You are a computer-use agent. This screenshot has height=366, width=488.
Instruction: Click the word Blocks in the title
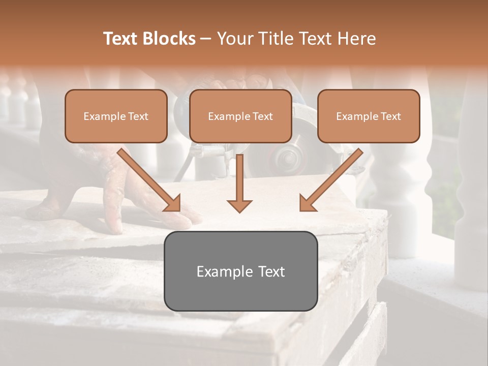tap(170, 39)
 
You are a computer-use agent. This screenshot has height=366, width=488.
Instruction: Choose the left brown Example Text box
tap(116, 116)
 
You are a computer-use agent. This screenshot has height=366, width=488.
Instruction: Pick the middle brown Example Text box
tap(240, 116)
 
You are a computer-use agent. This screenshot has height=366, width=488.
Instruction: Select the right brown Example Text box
tap(369, 116)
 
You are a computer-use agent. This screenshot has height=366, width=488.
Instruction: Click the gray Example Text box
tap(240, 271)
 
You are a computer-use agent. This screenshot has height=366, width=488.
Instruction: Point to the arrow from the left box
tap(148, 179)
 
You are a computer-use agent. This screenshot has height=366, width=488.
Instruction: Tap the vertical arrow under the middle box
tap(239, 178)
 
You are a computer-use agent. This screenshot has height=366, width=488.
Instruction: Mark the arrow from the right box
tap(331, 179)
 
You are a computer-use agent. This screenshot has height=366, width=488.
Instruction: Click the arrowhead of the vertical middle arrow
tap(239, 205)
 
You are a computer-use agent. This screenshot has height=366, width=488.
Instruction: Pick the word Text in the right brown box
tap(391, 116)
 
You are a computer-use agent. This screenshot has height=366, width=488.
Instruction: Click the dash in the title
tap(206, 39)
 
